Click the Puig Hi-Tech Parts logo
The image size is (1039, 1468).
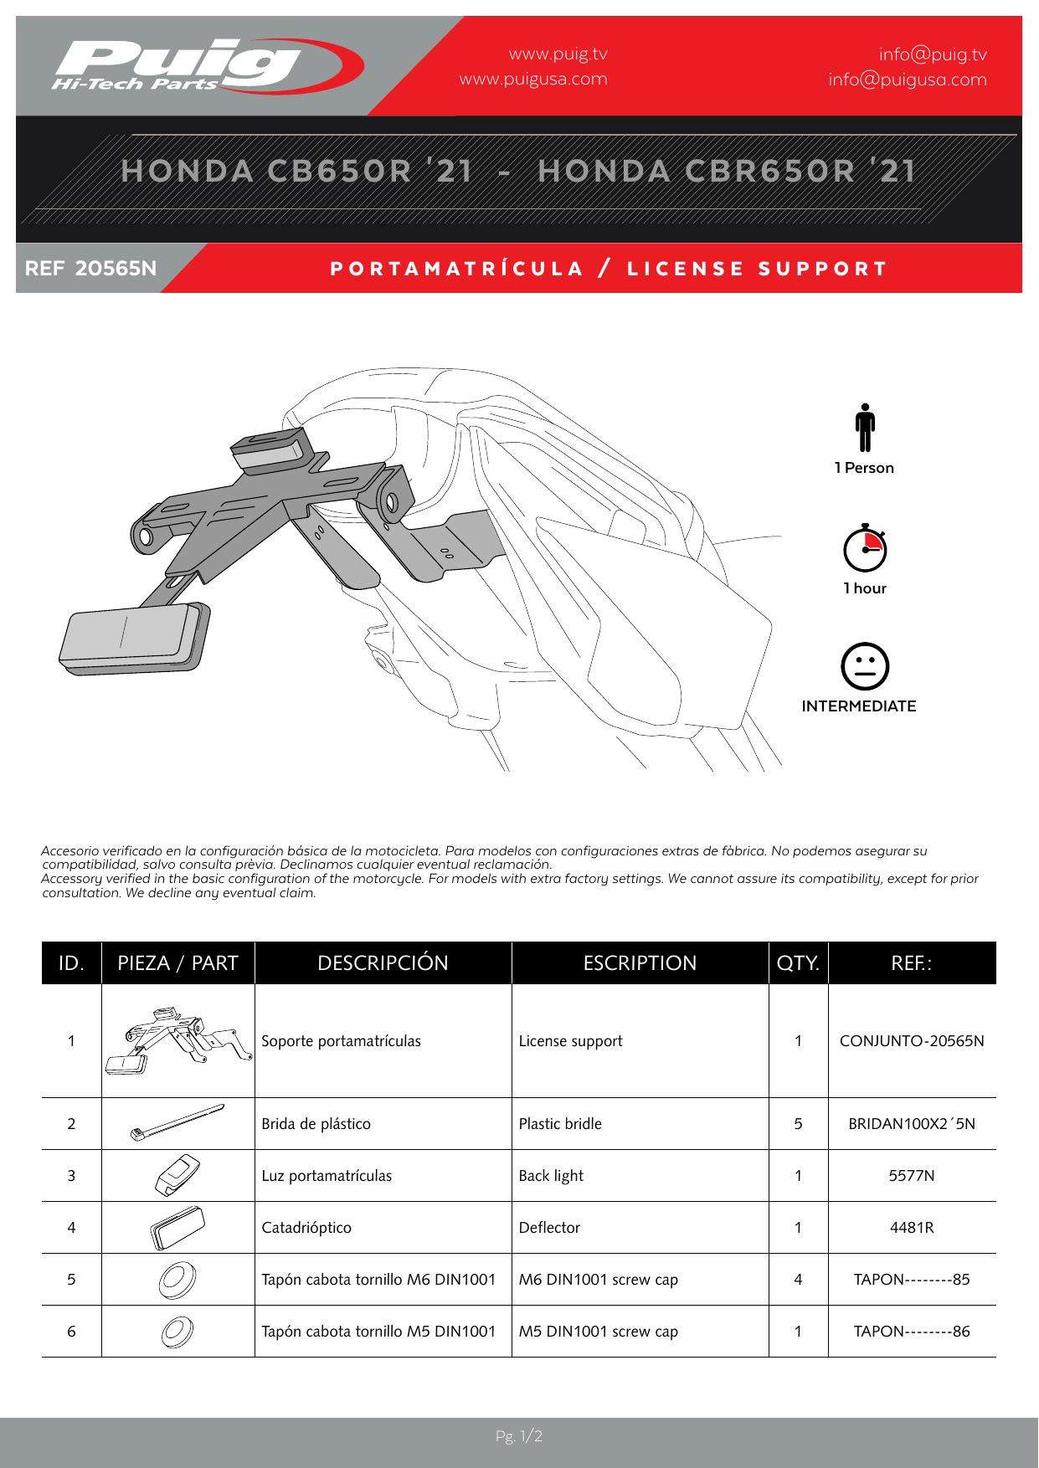click(206, 64)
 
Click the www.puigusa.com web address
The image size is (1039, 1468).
click(533, 80)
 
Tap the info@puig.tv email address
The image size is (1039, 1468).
click(932, 54)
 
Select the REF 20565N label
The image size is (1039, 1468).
click(91, 269)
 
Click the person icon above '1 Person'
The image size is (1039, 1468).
click(865, 428)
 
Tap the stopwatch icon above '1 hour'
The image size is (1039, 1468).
click(865, 548)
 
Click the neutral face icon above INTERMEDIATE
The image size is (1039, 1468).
click(865, 667)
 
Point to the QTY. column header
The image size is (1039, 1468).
click(798, 962)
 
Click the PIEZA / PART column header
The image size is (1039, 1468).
click(177, 962)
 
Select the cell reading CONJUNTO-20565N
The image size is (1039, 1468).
click(912, 1041)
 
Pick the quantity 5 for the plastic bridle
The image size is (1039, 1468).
click(798, 1124)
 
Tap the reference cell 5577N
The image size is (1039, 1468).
click(912, 1176)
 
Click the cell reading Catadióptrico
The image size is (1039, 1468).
click(306, 1228)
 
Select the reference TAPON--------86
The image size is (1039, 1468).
click(912, 1332)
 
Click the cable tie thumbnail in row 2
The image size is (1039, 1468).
click(177, 1122)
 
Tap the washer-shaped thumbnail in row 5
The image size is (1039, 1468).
click(177, 1279)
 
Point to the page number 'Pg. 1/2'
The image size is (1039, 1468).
click(519, 1437)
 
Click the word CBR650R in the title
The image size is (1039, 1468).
click(770, 171)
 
